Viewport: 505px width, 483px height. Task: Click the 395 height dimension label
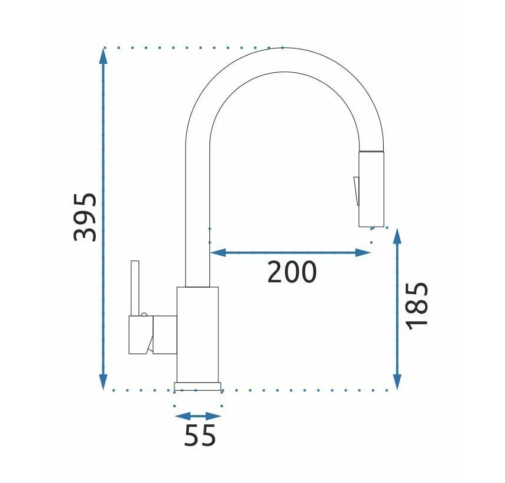[85, 217]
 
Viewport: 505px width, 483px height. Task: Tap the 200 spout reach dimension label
[292, 272]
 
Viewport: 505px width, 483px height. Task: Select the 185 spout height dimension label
[417, 306]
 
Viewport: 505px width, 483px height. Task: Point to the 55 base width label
[200, 436]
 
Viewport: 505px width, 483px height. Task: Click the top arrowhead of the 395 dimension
[103, 56]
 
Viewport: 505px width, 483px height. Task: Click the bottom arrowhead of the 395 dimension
[103, 382]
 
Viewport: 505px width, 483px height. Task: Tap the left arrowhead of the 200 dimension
[218, 253]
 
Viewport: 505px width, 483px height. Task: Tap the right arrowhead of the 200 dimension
[363, 253]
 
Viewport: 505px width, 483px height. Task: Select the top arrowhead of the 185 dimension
[397, 236]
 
